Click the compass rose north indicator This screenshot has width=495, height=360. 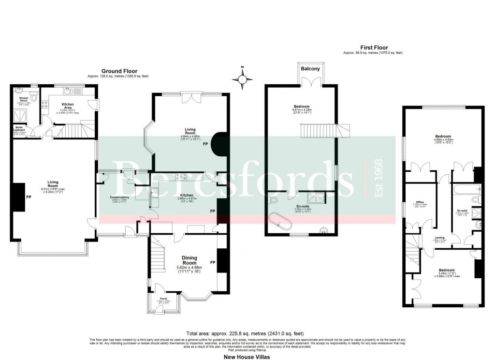(x=243, y=77)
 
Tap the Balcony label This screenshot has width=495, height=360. (x=310, y=69)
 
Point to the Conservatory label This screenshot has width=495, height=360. (x=119, y=197)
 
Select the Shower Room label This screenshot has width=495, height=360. (x=23, y=100)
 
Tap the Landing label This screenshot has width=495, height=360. (x=439, y=237)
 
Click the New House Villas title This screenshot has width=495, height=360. (x=247, y=357)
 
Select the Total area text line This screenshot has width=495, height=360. (x=247, y=333)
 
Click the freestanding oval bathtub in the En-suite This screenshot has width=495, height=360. (x=280, y=221)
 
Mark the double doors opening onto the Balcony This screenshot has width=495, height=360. (x=310, y=83)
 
